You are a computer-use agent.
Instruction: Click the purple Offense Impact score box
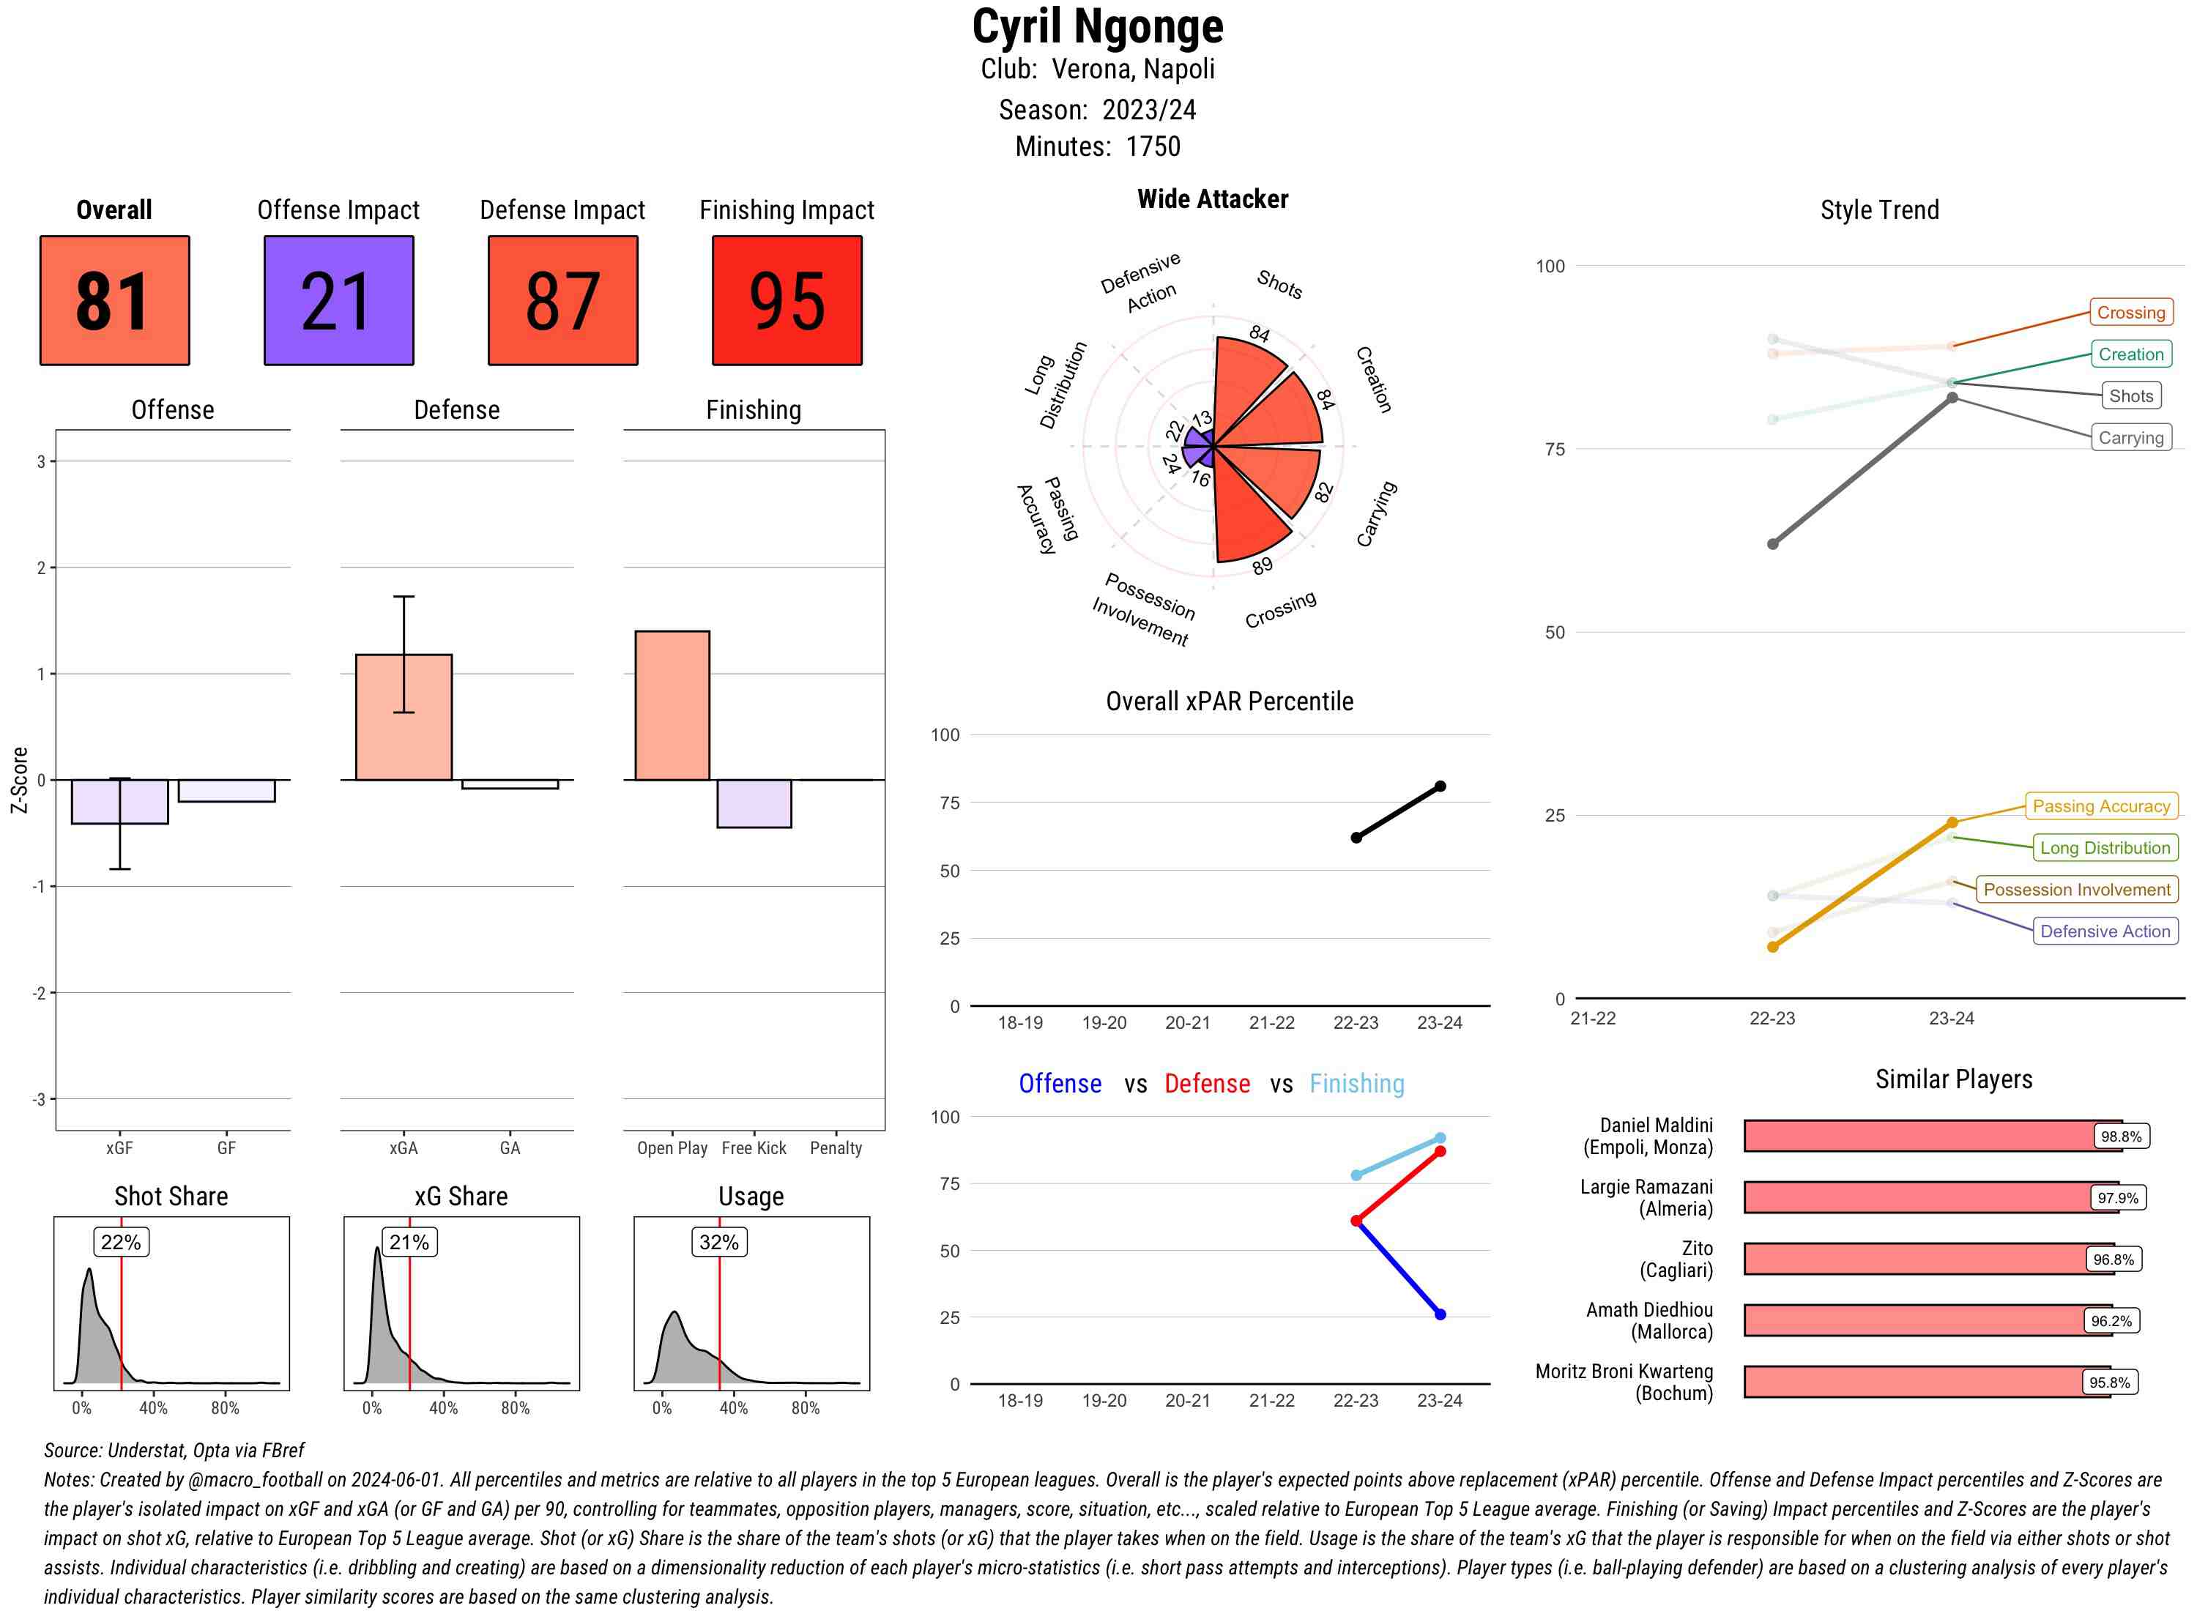pos(338,300)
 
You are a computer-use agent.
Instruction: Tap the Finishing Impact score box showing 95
pos(787,300)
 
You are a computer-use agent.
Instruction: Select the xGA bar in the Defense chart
pos(404,717)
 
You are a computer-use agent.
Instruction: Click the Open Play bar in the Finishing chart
pos(672,705)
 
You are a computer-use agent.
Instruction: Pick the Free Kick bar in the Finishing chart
pos(754,803)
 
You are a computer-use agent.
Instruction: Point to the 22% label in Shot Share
pos(121,1243)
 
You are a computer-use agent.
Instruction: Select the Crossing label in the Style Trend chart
pos(2130,313)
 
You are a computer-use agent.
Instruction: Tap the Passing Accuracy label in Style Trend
pos(2100,806)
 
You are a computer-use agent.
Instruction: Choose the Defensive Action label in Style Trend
pos(2105,931)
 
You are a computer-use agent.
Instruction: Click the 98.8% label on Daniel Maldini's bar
pos(2121,1136)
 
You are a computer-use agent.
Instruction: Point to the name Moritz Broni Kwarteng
pos(1624,1371)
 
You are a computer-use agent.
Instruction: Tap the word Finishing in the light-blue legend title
pos(1356,1084)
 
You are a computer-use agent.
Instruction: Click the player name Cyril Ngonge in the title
pos(1097,27)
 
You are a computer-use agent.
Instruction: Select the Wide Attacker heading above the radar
pos(1212,199)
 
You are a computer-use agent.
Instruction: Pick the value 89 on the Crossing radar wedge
pos(1263,565)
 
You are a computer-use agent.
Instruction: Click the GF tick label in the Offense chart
pos(226,1147)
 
